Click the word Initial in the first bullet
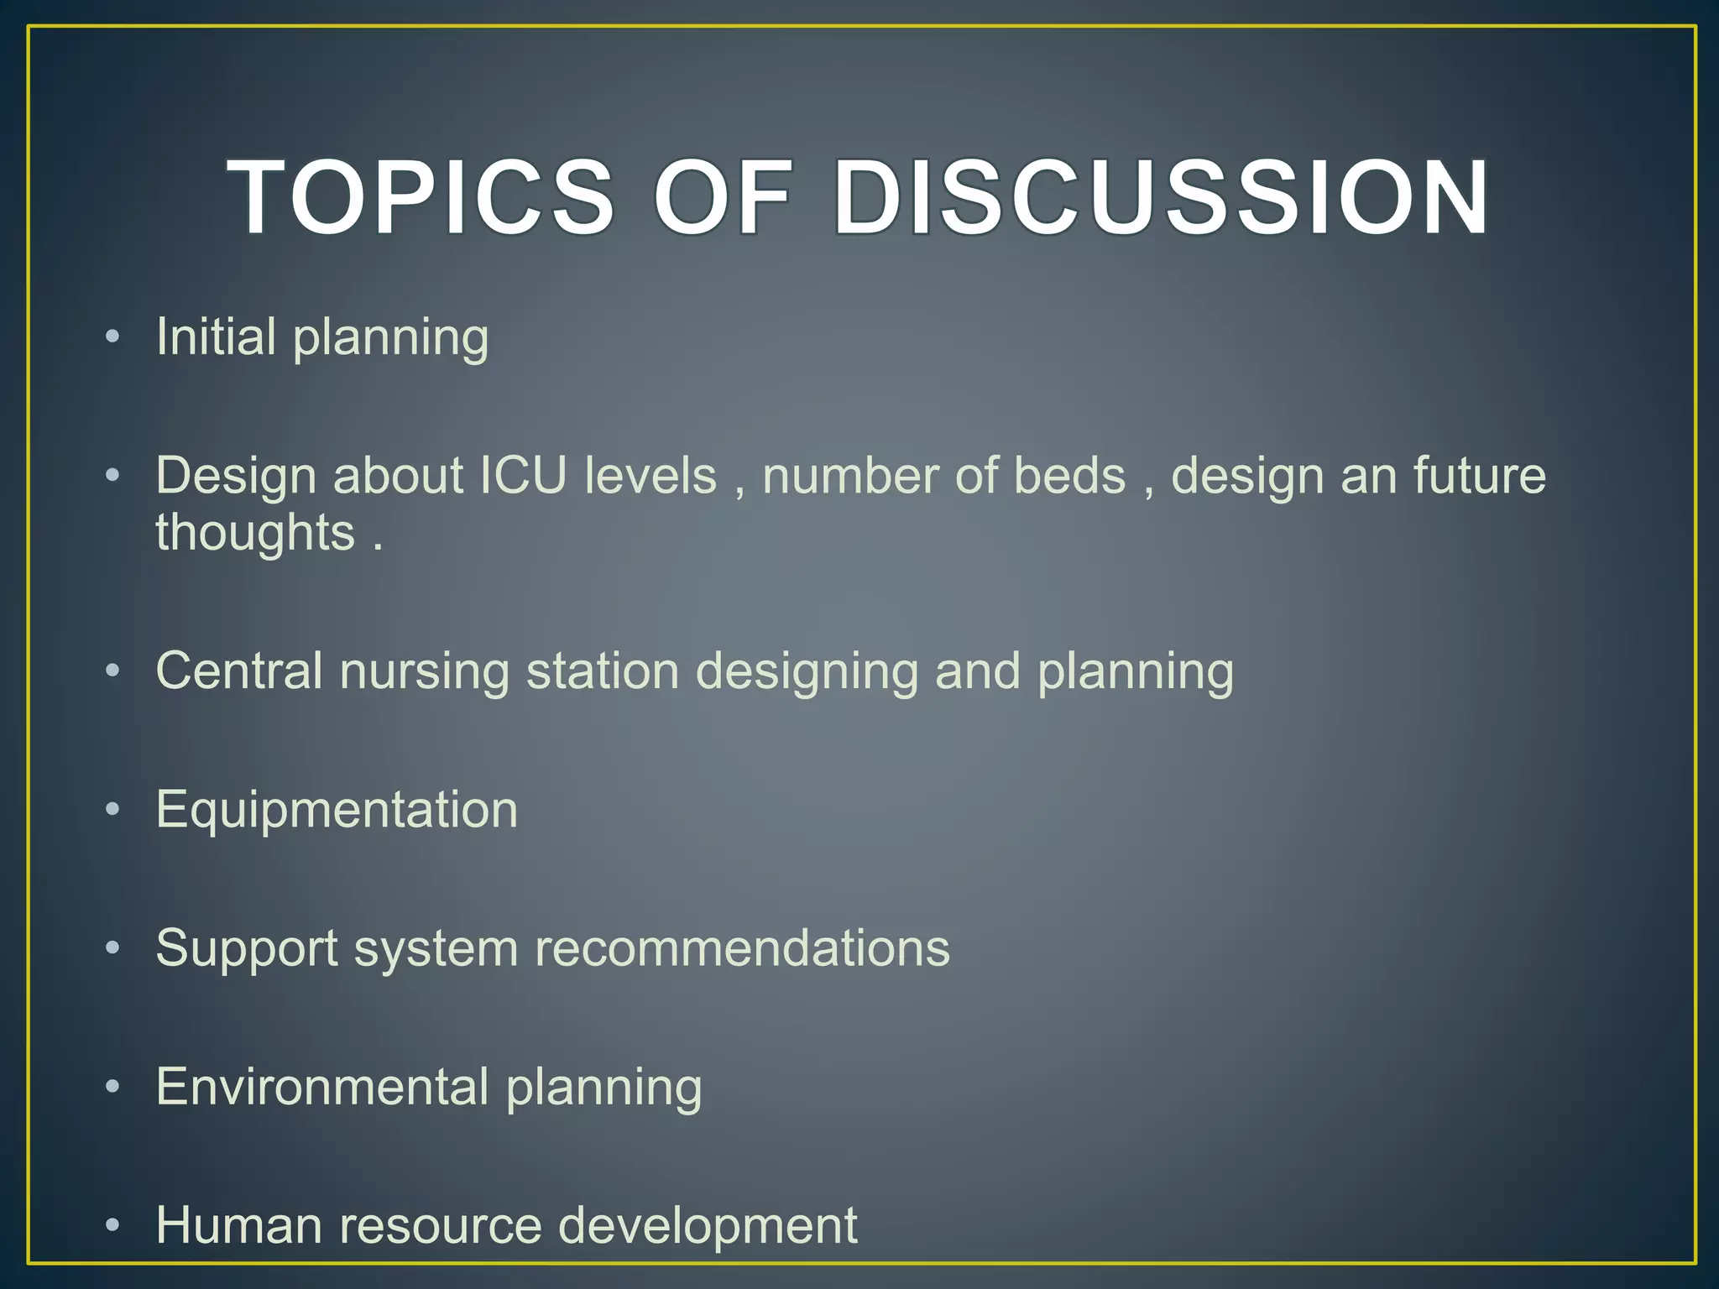tap(216, 337)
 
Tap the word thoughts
tap(255, 532)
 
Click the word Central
tap(239, 671)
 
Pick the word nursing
tap(424, 671)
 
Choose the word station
tap(602, 671)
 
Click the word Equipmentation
tap(337, 810)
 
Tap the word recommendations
tap(742, 948)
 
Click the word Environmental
tap(322, 1087)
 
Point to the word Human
tap(238, 1225)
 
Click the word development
tap(708, 1225)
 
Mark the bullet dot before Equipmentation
tap(113, 810)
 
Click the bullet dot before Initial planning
tap(113, 337)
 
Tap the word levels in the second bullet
tap(651, 476)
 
